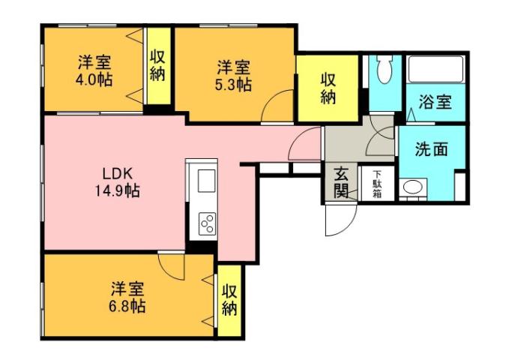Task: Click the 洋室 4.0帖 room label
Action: [94, 69]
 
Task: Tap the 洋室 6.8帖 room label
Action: [128, 297]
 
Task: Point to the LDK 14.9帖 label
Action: [112, 180]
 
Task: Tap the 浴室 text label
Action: [435, 101]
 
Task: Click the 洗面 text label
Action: [432, 148]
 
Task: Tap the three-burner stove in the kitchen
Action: [206, 223]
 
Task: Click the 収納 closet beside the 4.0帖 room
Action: [157, 65]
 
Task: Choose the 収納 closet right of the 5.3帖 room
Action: [328, 88]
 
